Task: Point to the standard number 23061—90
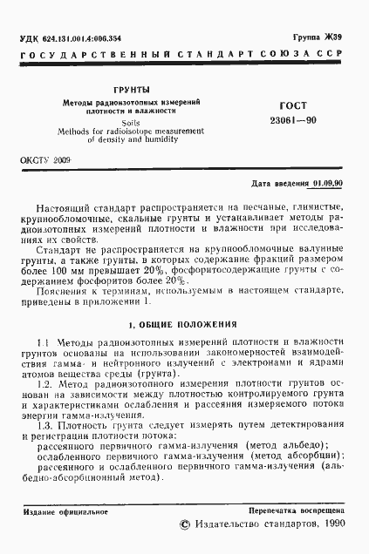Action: point(274,120)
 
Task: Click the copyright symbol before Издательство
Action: point(183,526)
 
